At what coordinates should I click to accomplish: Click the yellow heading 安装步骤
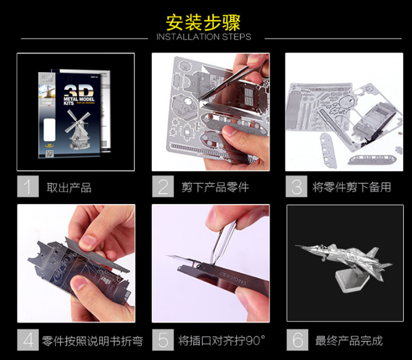point(203,22)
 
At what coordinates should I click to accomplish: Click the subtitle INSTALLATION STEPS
point(203,37)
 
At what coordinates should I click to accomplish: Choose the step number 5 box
point(162,340)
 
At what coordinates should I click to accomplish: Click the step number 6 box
point(297,340)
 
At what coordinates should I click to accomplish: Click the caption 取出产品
point(69,187)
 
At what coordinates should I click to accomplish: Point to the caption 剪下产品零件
point(215,187)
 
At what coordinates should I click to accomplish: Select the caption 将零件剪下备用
point(352,187)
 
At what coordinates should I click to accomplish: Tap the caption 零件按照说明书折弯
point(92,340)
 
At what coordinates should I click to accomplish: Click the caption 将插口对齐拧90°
point(222,340)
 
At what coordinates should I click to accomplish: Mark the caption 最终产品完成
point(349,340)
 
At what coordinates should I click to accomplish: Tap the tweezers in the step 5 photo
point(221,237)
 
